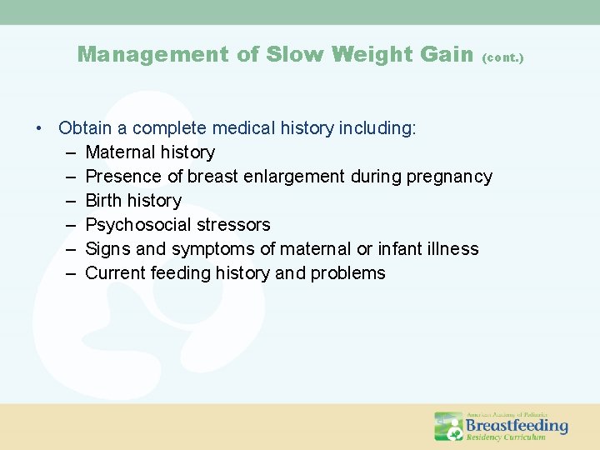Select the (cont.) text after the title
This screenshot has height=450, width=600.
503,58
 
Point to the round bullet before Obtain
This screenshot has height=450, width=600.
39,129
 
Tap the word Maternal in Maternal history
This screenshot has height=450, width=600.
119,152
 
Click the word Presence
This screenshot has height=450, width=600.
122,177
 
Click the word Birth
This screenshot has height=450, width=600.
104,201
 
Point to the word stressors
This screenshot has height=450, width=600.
236,225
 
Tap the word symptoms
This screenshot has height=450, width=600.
212,249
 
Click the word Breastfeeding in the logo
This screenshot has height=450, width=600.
517,424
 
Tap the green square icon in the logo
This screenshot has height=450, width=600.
448,426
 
